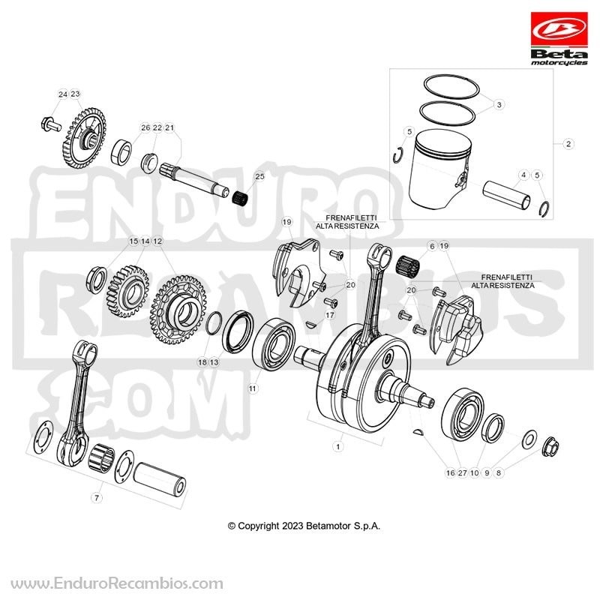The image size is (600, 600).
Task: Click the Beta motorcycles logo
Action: click(x=559, y=39)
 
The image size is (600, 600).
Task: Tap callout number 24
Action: click(x=63, y=94)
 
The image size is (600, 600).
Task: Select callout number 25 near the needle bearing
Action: click(x=259, y=176)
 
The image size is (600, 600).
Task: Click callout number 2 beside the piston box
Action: click(x=568, y=144)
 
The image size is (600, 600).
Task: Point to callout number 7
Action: click(x=97, y=498)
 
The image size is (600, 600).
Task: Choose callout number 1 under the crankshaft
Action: click(x=338, y=446)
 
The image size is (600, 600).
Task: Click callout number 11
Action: click(x=253, y=388)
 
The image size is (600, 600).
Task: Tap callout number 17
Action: click(x=330, y=315)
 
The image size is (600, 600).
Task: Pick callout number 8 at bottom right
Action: click(x=498, y=473)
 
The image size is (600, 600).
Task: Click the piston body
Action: click(x=441, y=169)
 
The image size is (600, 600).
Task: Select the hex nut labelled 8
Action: click(x=551, y=446)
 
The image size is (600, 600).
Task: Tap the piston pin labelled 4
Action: click(x=506, y=195)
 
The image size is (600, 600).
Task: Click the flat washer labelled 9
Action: click(x=529, y=439)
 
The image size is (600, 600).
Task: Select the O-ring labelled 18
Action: click(x=214, y=322)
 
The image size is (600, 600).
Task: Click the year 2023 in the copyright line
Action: click(x=292, y=526)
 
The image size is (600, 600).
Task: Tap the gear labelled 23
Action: click(x=84, y=138)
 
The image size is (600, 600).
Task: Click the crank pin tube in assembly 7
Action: click(x=160, y=479)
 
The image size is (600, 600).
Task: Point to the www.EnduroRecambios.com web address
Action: click(x=117, y=583)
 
